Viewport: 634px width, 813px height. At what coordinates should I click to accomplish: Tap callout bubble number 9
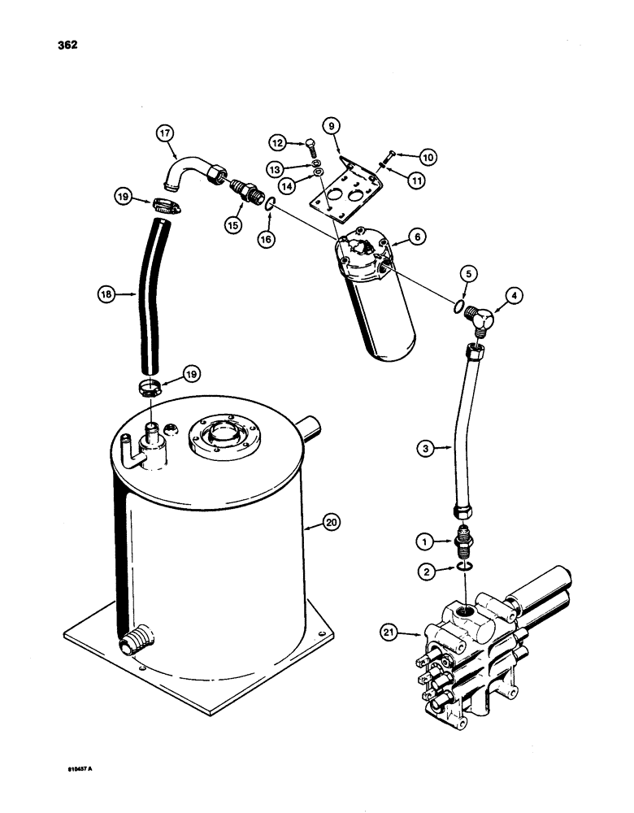pos(331,126)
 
